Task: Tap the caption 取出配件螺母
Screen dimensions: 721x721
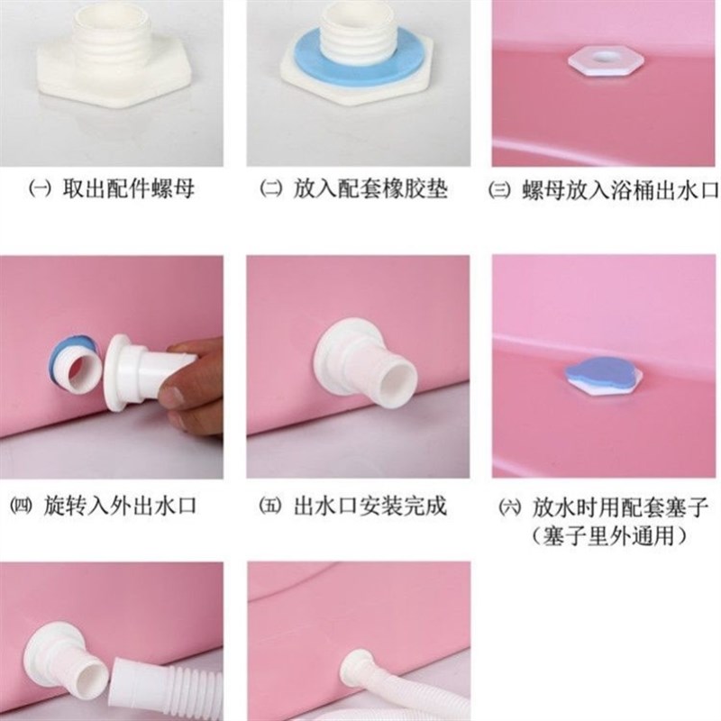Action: point(129,190)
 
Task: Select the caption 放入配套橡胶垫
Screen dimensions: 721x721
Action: point(370,190)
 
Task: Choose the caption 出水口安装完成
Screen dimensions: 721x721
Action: point(370,506)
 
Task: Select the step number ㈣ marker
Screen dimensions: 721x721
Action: point(21,506)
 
